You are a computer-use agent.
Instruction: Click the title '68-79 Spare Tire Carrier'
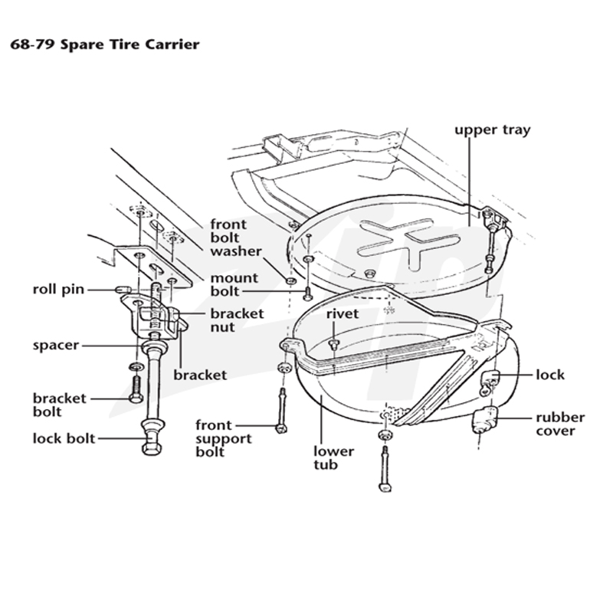click(105, 44)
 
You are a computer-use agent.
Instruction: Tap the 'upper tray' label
click(492, 130)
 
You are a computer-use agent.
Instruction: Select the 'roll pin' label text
click(58, 290)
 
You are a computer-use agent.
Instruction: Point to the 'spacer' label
click(56, 346)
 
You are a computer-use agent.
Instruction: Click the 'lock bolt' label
click(64, 438)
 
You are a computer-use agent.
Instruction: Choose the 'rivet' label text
click(343, 313)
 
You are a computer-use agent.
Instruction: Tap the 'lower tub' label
click(333, 457)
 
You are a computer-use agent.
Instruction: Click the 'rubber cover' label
click(560, 425)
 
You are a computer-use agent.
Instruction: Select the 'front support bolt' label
click(224, 438)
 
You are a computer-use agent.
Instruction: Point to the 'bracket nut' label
click(237, 320)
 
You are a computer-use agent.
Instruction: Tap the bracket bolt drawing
click(136, 389)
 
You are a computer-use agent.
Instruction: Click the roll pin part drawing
click(123, 290)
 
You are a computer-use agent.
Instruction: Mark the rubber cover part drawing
click(485, 420)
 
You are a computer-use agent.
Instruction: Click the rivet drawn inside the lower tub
click(334, 344)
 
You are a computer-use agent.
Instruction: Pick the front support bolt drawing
click(281, 411)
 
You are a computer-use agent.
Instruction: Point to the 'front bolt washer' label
click(236, 238)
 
